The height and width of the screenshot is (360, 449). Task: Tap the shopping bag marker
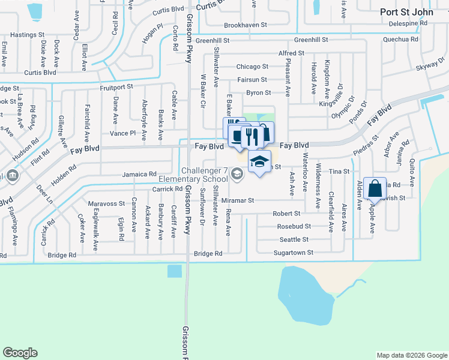375,188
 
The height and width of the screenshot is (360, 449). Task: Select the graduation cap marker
259,162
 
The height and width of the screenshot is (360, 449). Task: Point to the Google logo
20,353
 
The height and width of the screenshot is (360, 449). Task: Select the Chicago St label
252,67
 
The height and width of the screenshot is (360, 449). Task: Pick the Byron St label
259,93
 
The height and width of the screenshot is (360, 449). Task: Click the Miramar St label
238,200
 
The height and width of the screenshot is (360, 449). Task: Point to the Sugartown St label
294,253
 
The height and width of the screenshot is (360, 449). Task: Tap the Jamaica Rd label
139,174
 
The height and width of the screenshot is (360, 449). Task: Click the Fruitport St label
116,87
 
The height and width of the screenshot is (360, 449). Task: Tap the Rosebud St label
294,226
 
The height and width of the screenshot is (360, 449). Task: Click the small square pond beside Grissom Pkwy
175,271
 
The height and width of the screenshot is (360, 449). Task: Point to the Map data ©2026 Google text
411,355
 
